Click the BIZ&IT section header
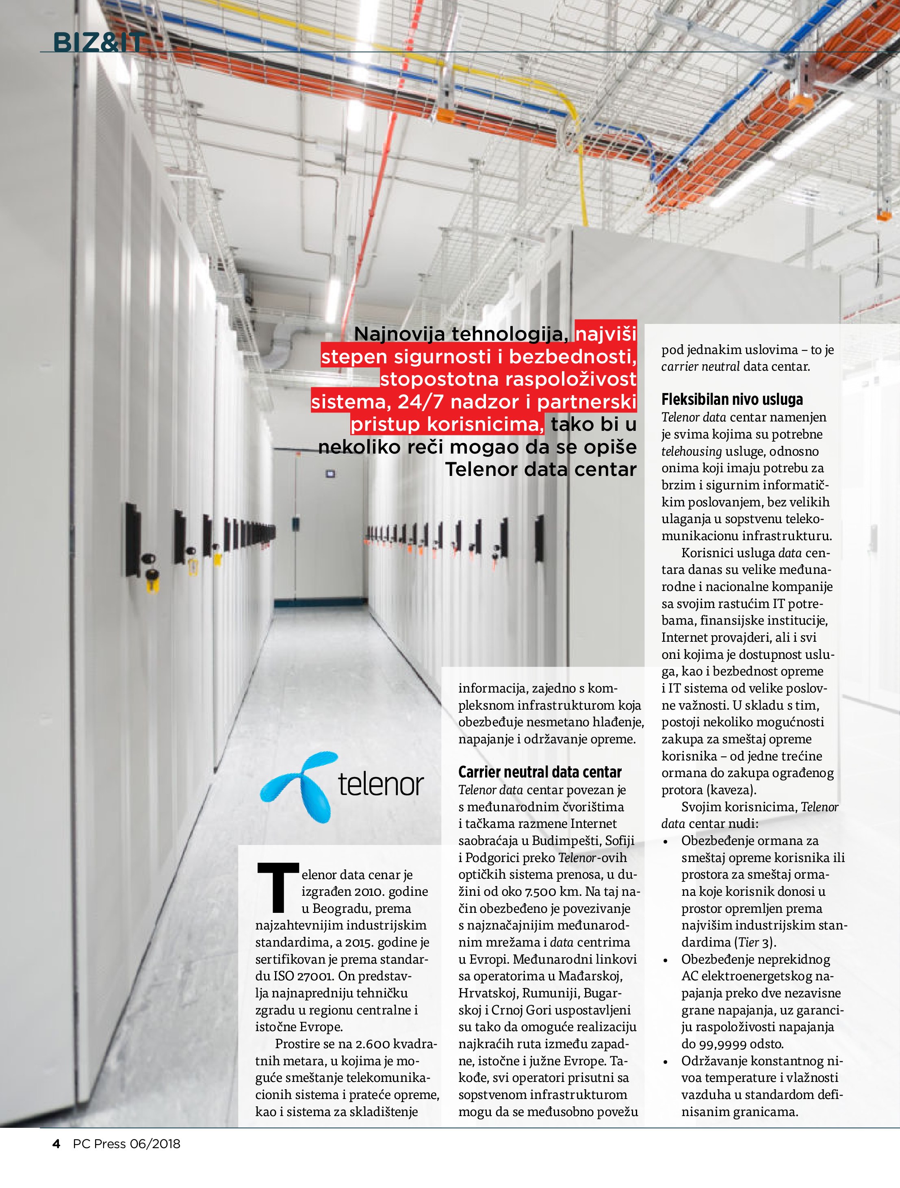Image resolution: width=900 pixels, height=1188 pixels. click(x=99, y=42)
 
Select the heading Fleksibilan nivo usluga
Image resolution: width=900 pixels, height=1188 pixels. click(x=732, y=399)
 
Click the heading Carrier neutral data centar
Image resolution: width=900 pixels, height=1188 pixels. click(x=540, y=772)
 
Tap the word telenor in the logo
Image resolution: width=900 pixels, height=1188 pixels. click(x=381, y=785)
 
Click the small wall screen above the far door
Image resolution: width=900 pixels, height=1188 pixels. click(x=330, y=474)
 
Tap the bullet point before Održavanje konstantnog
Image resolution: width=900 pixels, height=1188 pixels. click(x=666, y=1062)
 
